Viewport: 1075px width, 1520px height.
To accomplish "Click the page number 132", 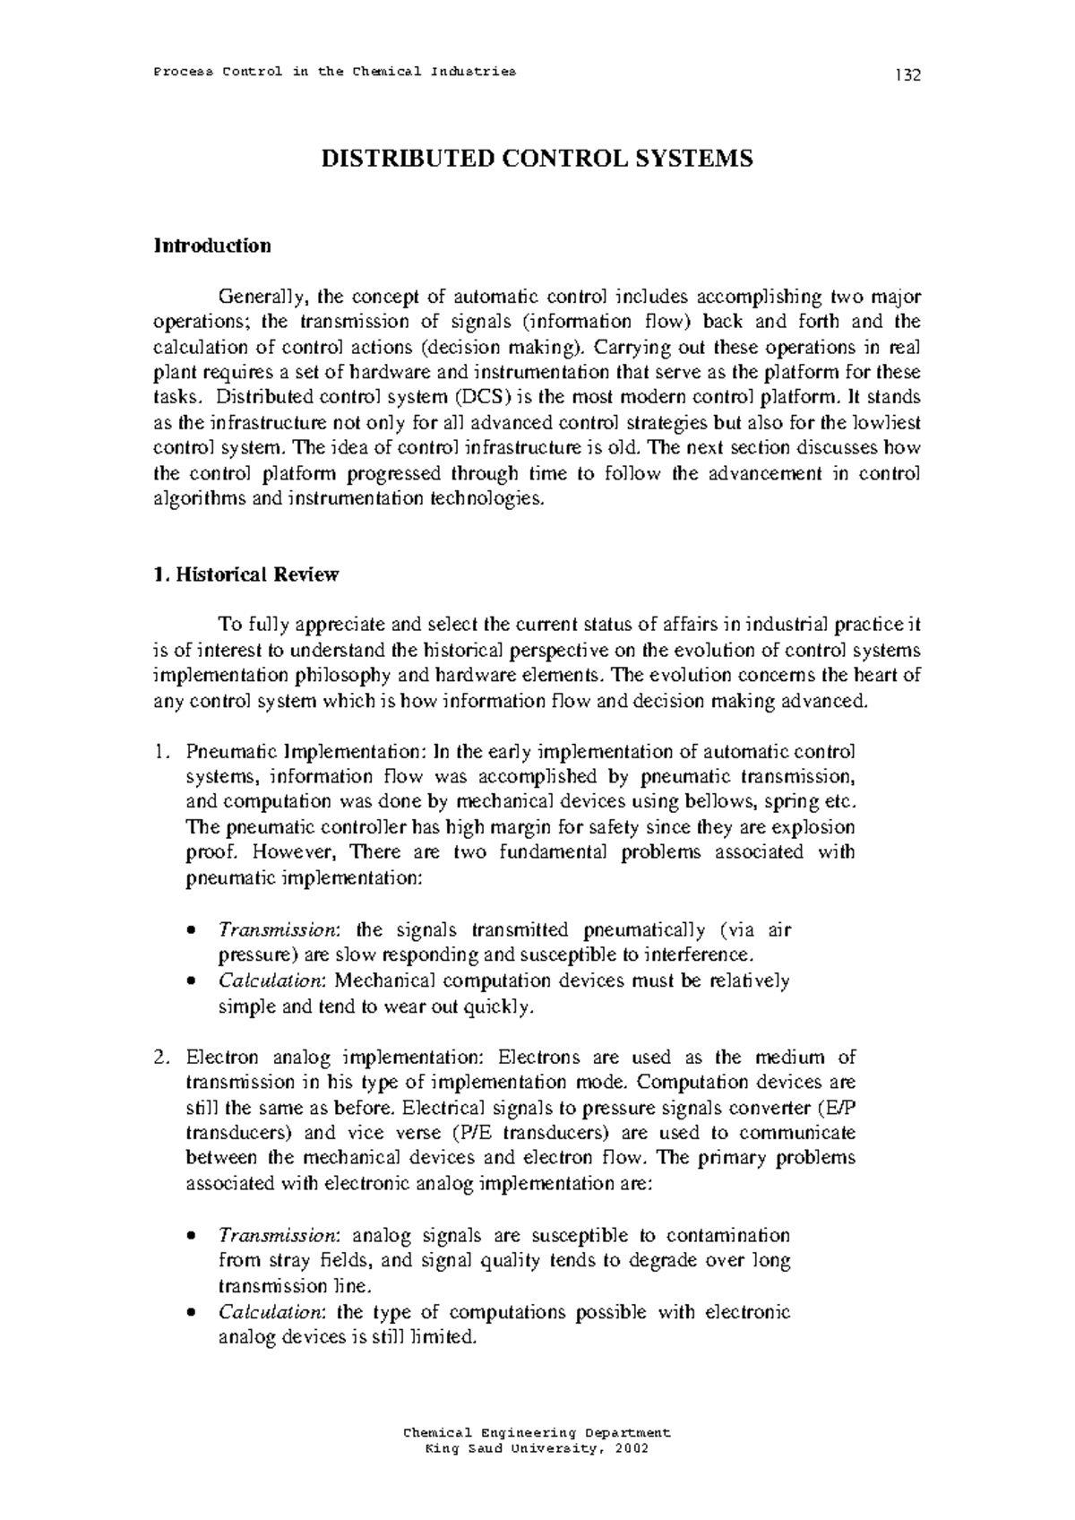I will click(907, 75).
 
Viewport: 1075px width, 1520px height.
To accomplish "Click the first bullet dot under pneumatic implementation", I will click(191, 930).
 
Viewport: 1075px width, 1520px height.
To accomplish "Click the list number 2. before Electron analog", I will click(160, 1057).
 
